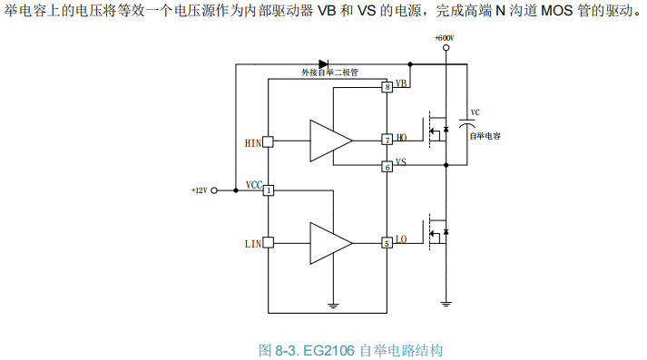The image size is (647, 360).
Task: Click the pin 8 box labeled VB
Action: click(387, 87)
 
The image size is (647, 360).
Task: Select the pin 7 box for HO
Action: click(387, 140)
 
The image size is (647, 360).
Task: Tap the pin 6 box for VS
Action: click(387, 166)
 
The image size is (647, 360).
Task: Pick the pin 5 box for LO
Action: click(387, 243)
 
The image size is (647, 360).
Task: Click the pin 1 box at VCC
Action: click(269, 190)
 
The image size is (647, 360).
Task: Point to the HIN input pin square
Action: click(269, 141)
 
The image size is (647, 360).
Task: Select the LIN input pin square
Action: click(269, 243)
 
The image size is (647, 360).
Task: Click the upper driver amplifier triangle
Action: click(329, 140)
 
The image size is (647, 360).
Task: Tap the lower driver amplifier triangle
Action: click(329, 243)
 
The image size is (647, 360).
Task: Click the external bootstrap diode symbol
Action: click(324, 64)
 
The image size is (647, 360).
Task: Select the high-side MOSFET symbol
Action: click(436, 132)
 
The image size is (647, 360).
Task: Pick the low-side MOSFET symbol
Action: click(436, 230)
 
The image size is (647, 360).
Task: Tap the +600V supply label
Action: click(444, 38)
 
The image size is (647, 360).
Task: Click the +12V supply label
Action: click(199, 190)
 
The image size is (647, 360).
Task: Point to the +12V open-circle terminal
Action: click(215, 190)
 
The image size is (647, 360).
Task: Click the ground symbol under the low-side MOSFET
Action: click(445, 302)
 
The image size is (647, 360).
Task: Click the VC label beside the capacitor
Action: click(475, 112)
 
